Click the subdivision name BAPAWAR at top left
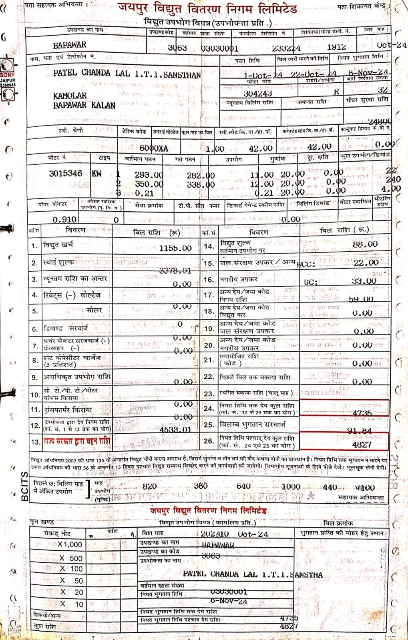70,45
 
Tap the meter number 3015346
65,173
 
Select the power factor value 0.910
64,219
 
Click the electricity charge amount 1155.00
175,248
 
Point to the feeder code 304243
258,93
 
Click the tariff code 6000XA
154,148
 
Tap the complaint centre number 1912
336,47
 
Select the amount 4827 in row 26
362,444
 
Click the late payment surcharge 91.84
359,431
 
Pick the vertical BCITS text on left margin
24,486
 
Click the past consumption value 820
149,486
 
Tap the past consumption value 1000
291,486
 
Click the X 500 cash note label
71,558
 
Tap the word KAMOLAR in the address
70,96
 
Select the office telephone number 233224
286,48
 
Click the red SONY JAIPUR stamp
8,78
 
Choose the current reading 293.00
149,175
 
